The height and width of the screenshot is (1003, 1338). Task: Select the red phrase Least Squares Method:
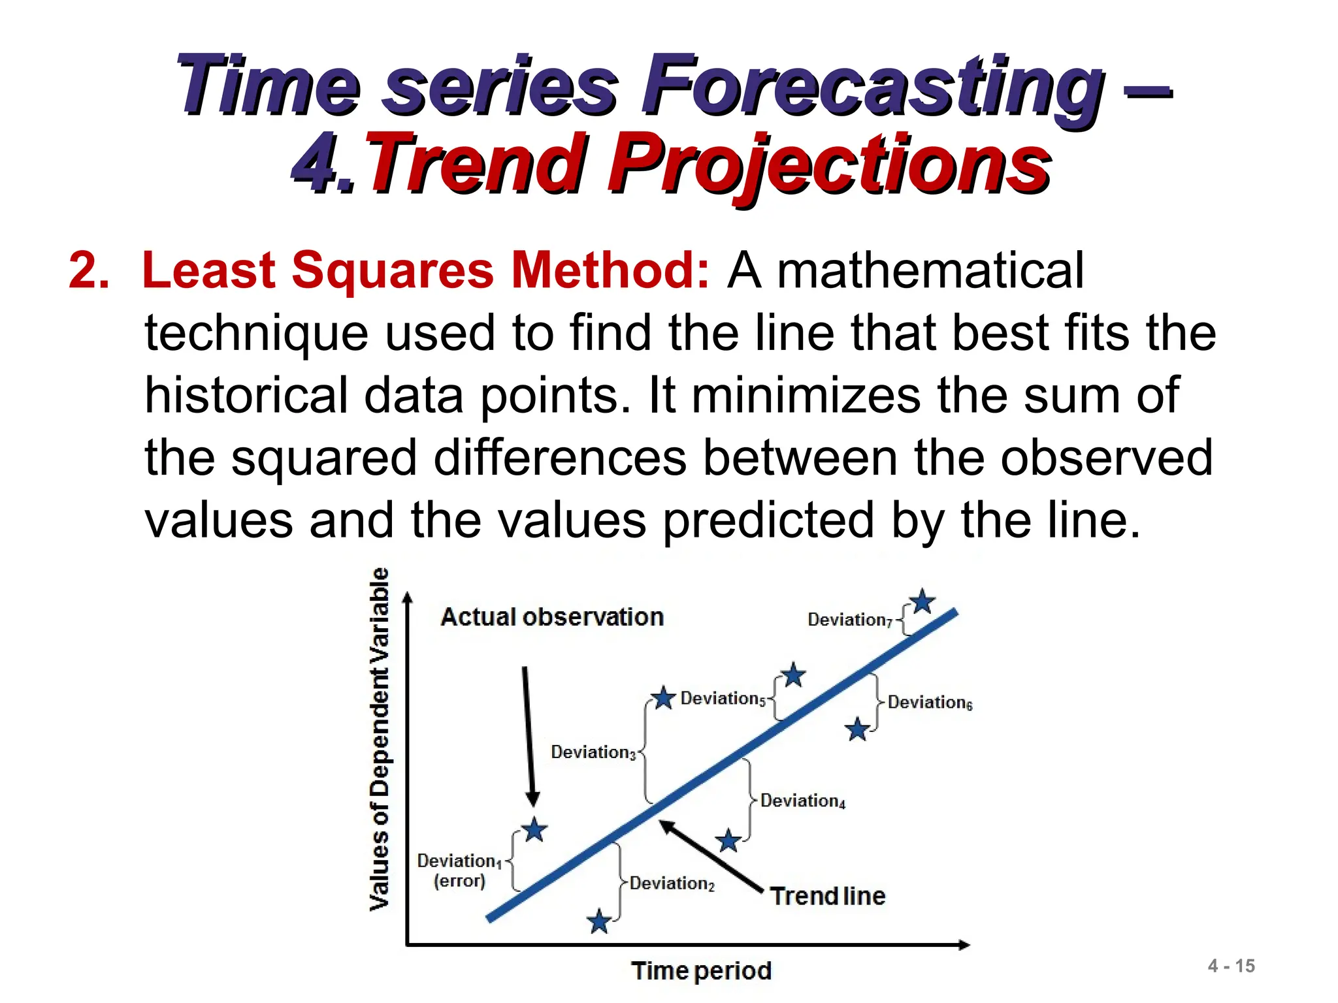425,270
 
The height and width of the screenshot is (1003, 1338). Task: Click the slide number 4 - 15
1231,966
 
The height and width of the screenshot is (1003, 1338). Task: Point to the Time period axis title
701,971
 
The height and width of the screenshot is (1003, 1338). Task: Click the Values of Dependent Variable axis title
380,739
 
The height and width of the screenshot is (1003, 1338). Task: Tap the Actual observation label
552,617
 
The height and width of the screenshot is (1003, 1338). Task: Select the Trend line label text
827,896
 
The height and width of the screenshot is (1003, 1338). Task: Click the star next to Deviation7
922,601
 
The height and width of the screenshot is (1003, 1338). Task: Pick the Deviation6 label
930,703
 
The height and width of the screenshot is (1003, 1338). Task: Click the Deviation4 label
803,801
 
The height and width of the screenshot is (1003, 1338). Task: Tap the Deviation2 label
672,884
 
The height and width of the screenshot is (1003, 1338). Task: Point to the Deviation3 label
593,752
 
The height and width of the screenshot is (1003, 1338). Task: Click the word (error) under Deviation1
459,881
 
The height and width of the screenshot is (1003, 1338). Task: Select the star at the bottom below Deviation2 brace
598,921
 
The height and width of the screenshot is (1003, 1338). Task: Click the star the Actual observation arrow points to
534,830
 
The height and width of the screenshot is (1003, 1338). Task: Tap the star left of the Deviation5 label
663,698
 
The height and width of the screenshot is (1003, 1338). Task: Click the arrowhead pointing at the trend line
665,826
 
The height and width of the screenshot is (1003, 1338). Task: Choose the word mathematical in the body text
930,270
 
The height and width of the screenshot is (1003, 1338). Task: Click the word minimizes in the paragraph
806,396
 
